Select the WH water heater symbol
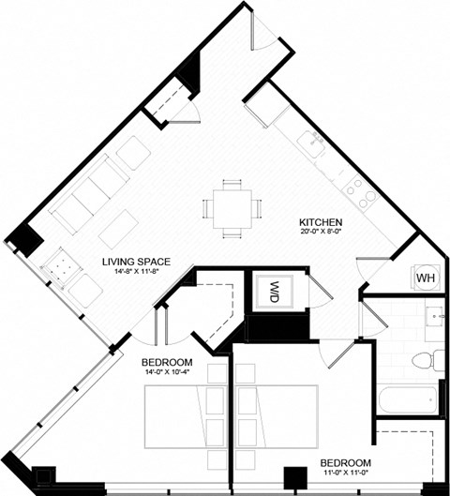pos(424,277)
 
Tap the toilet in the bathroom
pos(432,358)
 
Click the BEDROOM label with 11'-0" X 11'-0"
pos(346,463)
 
